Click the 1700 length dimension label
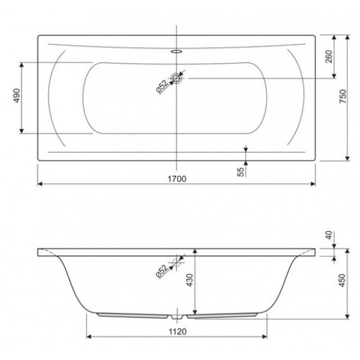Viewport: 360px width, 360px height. point(177,179)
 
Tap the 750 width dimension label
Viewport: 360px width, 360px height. point(342,96)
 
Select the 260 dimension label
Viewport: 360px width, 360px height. point(329,56)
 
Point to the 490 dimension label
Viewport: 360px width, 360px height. point(16,96)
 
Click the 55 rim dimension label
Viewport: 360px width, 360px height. point(240,172)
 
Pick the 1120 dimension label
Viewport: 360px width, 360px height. point(177,332)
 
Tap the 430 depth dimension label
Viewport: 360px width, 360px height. point(190,280)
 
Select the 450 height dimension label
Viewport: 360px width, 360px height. point(342,280)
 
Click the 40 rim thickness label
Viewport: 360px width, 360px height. point(329,236)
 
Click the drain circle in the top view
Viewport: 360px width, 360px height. point(176,79)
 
